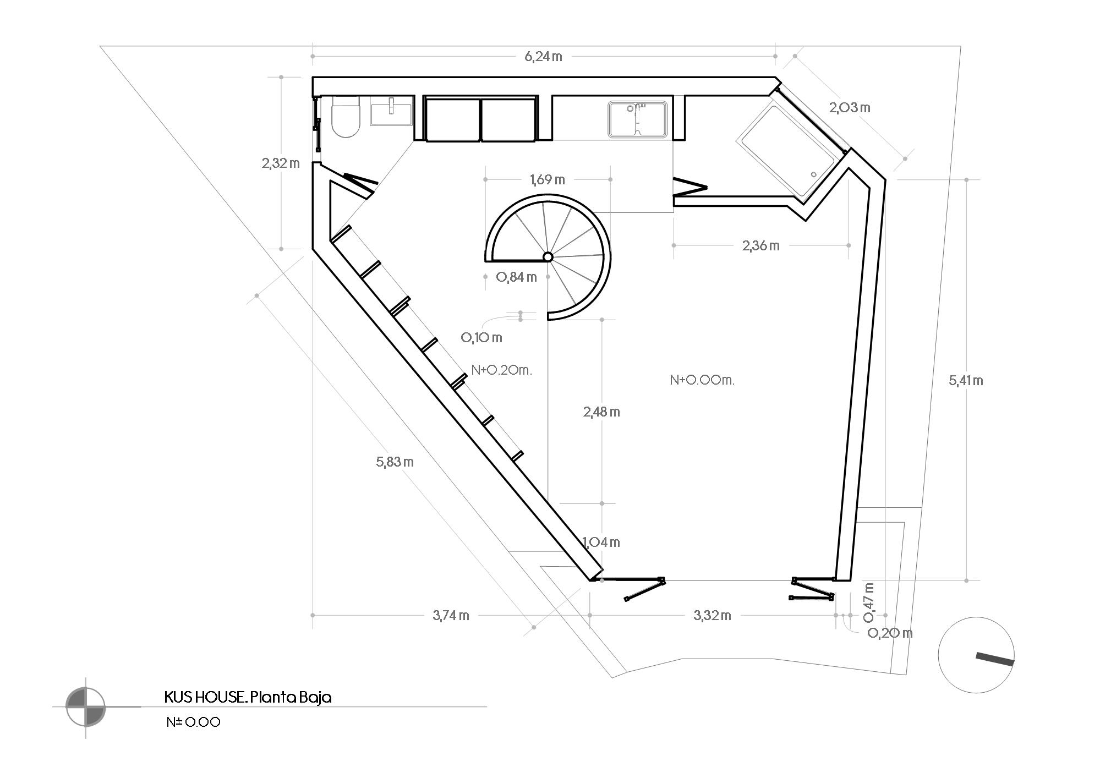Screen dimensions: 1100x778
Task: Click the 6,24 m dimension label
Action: click(x=543, y=56)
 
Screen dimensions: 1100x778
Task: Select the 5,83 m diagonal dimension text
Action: click(x=395, y=462)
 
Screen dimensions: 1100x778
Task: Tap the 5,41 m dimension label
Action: click(x=966, y=380)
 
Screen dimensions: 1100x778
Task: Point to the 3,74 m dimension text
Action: click(x=451, y=615)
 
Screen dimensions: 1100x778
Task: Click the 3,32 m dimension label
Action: click(x=712, y=615)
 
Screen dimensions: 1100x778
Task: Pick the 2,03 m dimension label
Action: click(x=850, y=107)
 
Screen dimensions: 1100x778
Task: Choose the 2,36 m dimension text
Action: click(x=760, y=245)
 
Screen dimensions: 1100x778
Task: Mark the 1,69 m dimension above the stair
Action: click(x=547, y=179)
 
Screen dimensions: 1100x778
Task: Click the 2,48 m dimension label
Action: click(x=601, y=412)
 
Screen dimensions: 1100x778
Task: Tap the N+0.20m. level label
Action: click(x=501, y=370)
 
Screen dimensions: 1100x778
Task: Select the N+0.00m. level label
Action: click(x=702, y=380)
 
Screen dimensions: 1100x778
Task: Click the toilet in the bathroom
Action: click(x=346, y=116)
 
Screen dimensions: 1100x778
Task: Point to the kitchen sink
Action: click(x=638, y=118)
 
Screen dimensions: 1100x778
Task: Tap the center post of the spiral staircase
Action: click(x=548, y=257)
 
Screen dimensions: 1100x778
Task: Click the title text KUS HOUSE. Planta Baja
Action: click(x=248, y=698)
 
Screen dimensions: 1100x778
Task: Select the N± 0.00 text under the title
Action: click(x=193, y=722)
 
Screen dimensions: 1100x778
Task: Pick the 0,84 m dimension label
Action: click(x=516, y=277)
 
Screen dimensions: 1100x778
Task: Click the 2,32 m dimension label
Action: click(x=281, y=163)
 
